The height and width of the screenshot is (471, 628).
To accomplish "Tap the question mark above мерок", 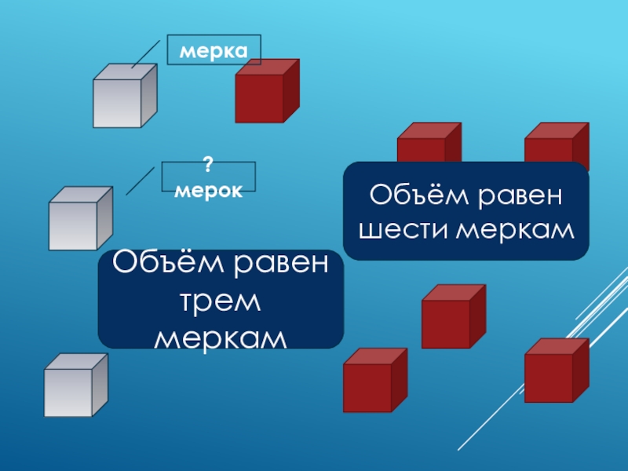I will tap(208, 166).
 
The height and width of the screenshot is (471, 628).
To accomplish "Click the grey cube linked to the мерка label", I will tap(123, 98).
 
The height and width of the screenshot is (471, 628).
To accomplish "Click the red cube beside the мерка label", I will tap(265, 93).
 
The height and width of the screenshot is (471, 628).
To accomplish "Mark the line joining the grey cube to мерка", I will tap(147, 55).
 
